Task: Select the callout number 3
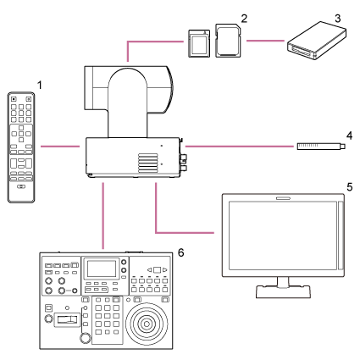click(313, 17)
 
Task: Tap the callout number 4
click(349, 133)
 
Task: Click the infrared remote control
click(22, 145)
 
